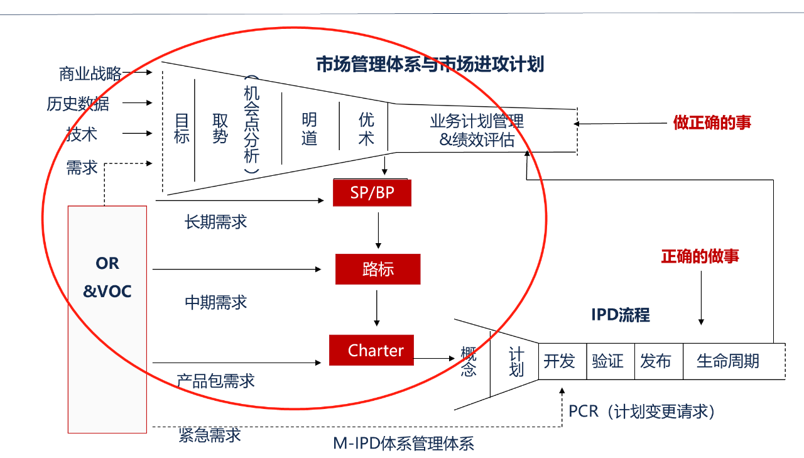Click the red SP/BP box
[x=372, y=192]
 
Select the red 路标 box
[x=378, y=269]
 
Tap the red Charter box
[x=372, y=350]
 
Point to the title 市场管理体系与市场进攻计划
[x=430, y=64]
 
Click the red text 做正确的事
[x=712, y=123]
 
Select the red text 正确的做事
[x=700, y=256]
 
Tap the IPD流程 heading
[x=621, y=315]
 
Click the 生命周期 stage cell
[x=729, y=361]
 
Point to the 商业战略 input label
[x=90, y=74]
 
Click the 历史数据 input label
[x=78, y=104]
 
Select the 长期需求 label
[x=216, y=222]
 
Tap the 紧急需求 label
[x=209, y=435]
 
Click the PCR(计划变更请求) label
[x=642, y=412]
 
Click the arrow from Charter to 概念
[x=435, y=359]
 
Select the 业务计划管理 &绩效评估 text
[x=477, y=130]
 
